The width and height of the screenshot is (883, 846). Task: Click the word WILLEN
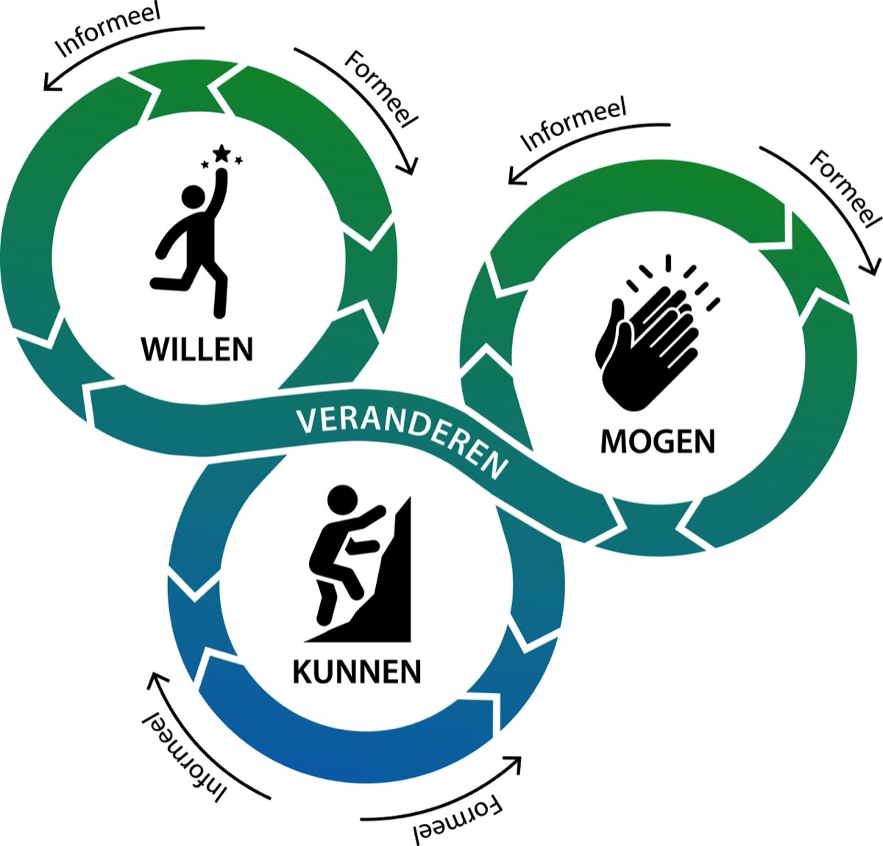coord(197,348)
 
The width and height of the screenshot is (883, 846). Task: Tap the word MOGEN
coord(657,441)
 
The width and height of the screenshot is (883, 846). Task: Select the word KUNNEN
coord(357,671)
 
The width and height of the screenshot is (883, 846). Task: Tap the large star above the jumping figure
coord(221,153)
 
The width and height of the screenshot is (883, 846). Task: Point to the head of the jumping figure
coord(194,196)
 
